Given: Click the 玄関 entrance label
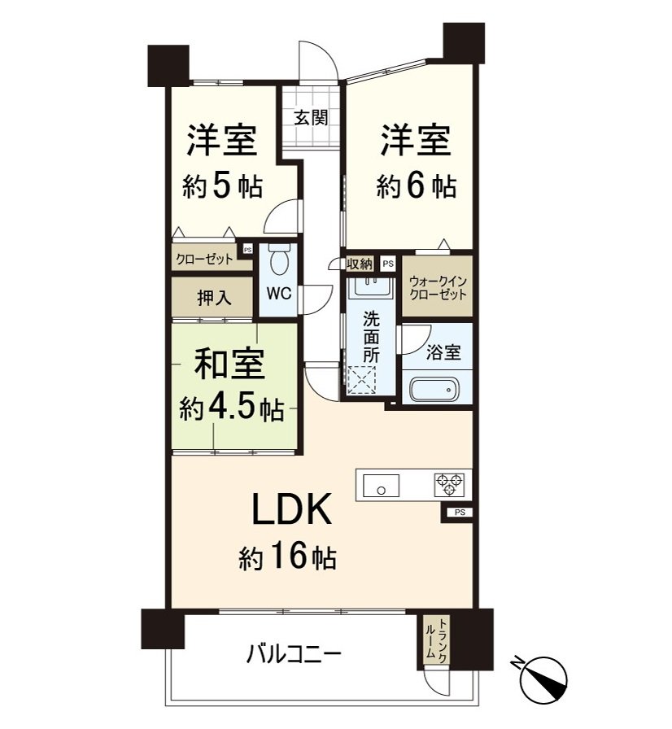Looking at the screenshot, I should click(311, 117).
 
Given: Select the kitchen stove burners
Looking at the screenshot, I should click(448, 484).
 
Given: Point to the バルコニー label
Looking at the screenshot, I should click(294, 653).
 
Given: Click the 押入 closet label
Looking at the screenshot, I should click(213, 299).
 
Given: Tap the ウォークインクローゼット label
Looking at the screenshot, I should click(439, 287).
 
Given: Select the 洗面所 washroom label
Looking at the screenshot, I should click(371, 337).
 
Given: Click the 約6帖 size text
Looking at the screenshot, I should click(416, 187).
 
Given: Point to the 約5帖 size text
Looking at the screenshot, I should click(222, 187).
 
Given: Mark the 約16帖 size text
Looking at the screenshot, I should click(288, 557).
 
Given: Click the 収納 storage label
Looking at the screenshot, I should click(360, 264).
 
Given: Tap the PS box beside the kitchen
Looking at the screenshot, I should click(460, 512).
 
